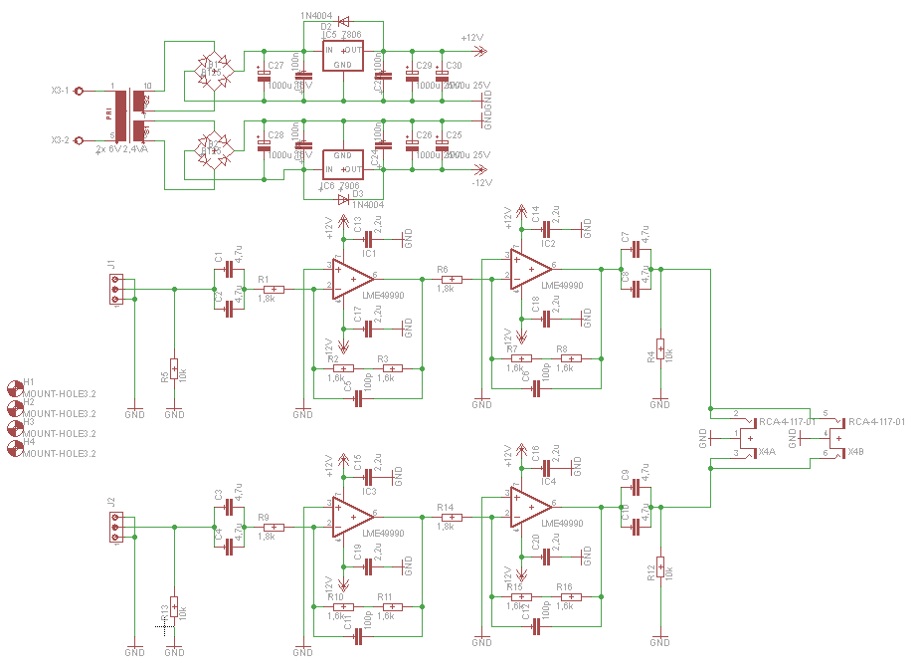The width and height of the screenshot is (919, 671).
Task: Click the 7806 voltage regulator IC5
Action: pyautogui.click(x=341, y=56)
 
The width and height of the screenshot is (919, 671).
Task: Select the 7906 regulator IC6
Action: pyautogui.click(x=341, y=162)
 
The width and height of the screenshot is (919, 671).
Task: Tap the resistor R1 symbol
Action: pyautogui.click(x=273, y=289)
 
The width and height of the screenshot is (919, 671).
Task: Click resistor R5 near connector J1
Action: pyautogui.click(x=174, y=368)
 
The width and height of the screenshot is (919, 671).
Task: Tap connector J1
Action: pyautogui.click(x=116, y=289)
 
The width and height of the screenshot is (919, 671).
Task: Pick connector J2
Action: pyautogui.click(x=116, y=528)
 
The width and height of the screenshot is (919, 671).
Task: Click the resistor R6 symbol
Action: pyautogui.click(x=453, y=279)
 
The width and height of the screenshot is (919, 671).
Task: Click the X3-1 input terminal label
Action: pyautogui.click(x=60, y=90)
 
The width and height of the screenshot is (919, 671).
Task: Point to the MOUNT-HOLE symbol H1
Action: pyautogui.click(x=14, y=387)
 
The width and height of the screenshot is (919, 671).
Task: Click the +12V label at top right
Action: pyautogui.click(x=472, y=37)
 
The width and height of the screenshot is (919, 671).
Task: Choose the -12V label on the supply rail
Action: pyautogui.click(x=481, y=183)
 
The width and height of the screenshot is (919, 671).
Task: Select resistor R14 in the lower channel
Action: pyautogui.click(x=453, y=517)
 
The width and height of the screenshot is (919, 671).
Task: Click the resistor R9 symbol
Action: pyautogui.click(x=273, y=528)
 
